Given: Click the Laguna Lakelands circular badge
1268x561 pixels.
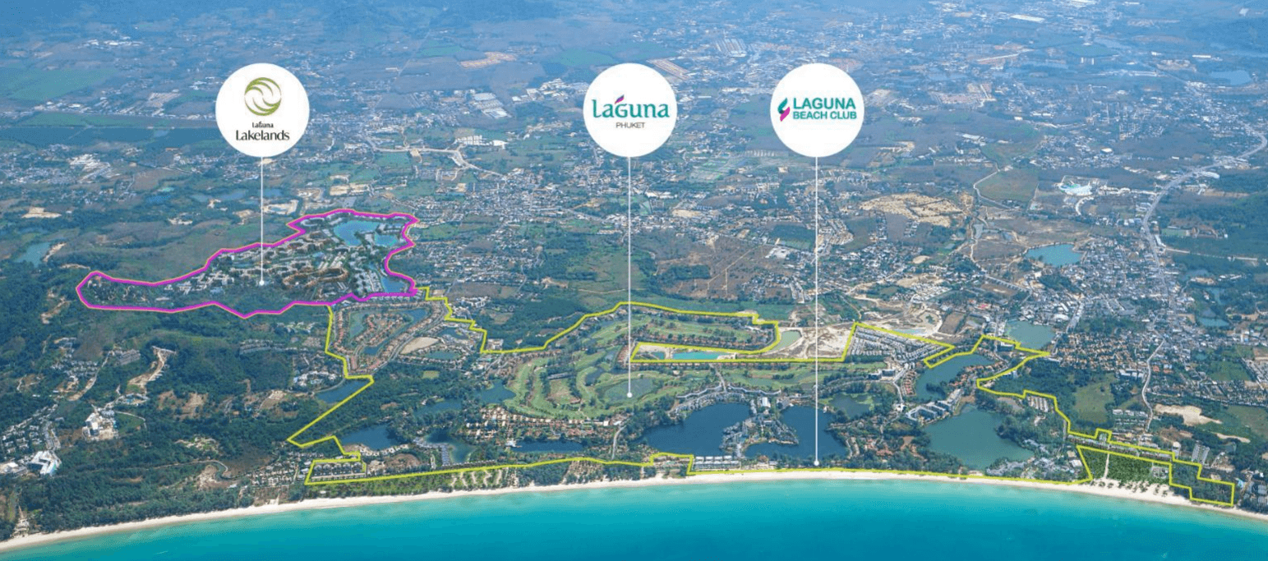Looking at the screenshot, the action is [x=262, y=110].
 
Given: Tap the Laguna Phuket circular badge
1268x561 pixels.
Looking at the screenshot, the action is [x=630, y=110].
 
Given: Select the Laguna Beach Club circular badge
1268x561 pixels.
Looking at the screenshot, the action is [x=817, y=110].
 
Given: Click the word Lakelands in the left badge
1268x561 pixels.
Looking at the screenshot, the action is [x=262, y=136].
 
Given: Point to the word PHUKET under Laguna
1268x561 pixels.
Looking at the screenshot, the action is [x=630, y=125].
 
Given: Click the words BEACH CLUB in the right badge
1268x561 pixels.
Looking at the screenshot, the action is [x=825, y=115].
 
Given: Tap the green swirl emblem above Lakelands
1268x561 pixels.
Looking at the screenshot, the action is [x=263, y=96].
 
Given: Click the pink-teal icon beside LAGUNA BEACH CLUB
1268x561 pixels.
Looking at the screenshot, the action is [x=783, y=110].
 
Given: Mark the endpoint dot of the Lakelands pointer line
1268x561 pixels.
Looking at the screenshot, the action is [x=261, y=283].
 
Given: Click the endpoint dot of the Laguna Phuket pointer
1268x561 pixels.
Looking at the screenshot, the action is [x=629, y=395].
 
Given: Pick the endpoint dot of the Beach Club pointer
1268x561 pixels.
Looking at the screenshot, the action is [x=816, y=463].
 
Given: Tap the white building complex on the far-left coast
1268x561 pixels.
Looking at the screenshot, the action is [x=45, y=462].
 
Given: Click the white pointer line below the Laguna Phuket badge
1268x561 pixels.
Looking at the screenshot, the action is [x=629, y=275].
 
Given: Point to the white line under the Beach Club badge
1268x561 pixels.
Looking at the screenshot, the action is [x=816, y=310].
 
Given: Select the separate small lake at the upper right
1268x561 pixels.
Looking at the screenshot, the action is [x=1054, y=255].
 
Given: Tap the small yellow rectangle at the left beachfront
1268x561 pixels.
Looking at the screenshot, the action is [x=336, y=469].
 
